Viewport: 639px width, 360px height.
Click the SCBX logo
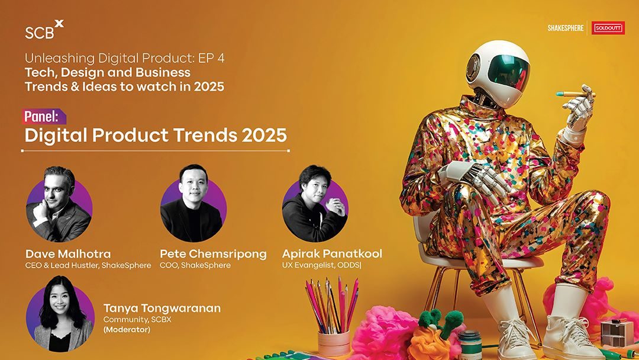click(44, 30)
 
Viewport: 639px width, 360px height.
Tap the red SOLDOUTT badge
click(608, 28)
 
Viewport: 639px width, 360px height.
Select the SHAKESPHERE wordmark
click(566, 28)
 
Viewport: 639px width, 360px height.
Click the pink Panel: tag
click(44, 117)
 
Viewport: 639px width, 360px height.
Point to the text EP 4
click(211, 58)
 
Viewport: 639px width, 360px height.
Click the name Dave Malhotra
click(68, 254)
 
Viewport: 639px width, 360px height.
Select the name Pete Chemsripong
click(213, 255)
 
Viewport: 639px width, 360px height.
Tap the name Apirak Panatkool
click(332, 254)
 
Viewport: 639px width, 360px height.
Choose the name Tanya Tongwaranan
click(162, 308)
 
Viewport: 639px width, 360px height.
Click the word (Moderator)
click(127, 329)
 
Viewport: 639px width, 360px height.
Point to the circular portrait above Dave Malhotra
click(59, 205)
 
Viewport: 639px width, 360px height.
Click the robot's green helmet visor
click(509, 72)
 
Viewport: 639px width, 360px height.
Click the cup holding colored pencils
click(334, 343)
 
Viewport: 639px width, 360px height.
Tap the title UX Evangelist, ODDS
click(321, 265)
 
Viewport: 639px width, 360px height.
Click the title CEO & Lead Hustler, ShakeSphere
click(88, 265)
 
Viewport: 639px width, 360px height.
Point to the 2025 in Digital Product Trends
click(264, 136)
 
